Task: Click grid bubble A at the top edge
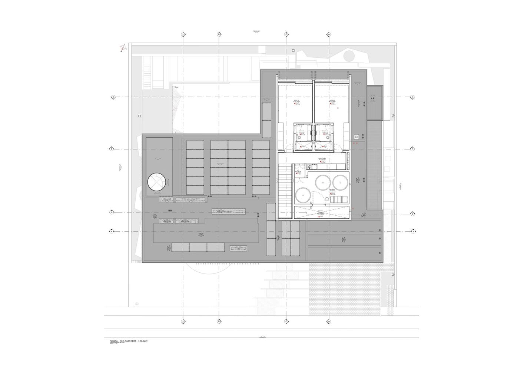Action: click(183, 34)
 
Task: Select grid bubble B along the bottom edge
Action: click(219, 322)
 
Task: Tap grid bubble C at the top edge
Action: click(286, 34)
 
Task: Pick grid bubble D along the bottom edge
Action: click(329, 322)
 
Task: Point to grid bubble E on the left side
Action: click(112, 97)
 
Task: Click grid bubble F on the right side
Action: click(412, 149)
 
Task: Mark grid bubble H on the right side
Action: click(412, 231)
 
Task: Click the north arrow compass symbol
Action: click(123, 47)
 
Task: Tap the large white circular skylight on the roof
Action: click(156, 182)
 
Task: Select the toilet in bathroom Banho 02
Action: click(329, 137)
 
